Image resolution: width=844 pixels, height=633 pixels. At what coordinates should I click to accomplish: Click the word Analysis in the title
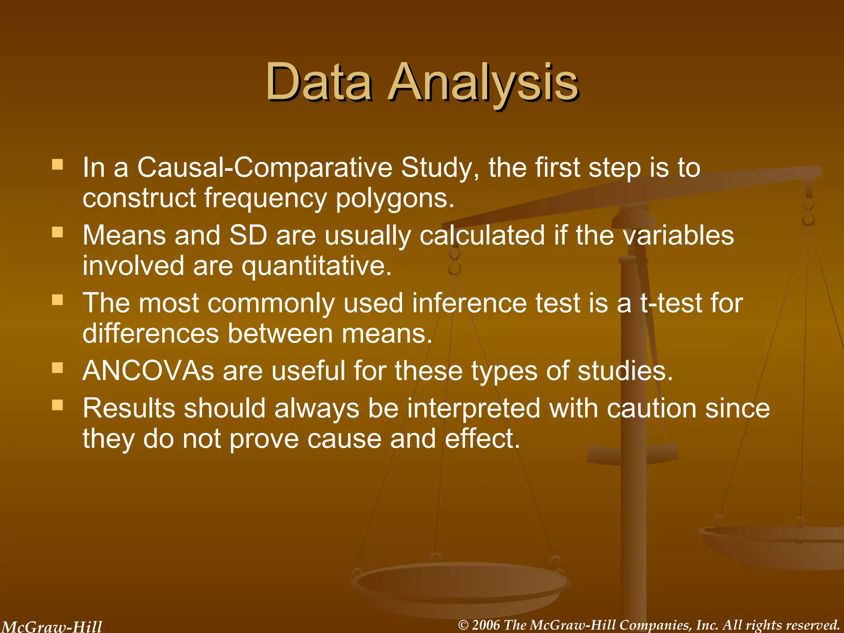(482, 82)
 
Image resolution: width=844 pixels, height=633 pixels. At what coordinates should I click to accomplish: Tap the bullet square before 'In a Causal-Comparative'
(57, 165)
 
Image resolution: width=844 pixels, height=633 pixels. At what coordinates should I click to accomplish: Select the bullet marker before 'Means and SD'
(57, 233)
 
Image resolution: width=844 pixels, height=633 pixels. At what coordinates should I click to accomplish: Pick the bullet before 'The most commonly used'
(57, 300)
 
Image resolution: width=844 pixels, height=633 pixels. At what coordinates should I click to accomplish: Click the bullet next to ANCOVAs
(57, 368)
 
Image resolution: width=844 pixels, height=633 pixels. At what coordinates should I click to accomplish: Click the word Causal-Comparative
(265, 168)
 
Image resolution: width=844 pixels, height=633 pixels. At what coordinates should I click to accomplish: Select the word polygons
(395, 199)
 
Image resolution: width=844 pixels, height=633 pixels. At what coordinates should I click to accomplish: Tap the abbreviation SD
(248, 235)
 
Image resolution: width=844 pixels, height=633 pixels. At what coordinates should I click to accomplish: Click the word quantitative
(316, 266)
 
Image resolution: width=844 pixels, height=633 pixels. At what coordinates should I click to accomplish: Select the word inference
(469, 303)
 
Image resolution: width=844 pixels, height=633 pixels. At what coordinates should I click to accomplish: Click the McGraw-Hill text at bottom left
(52, 626)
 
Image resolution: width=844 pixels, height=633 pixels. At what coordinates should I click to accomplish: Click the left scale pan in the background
(460, 585)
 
